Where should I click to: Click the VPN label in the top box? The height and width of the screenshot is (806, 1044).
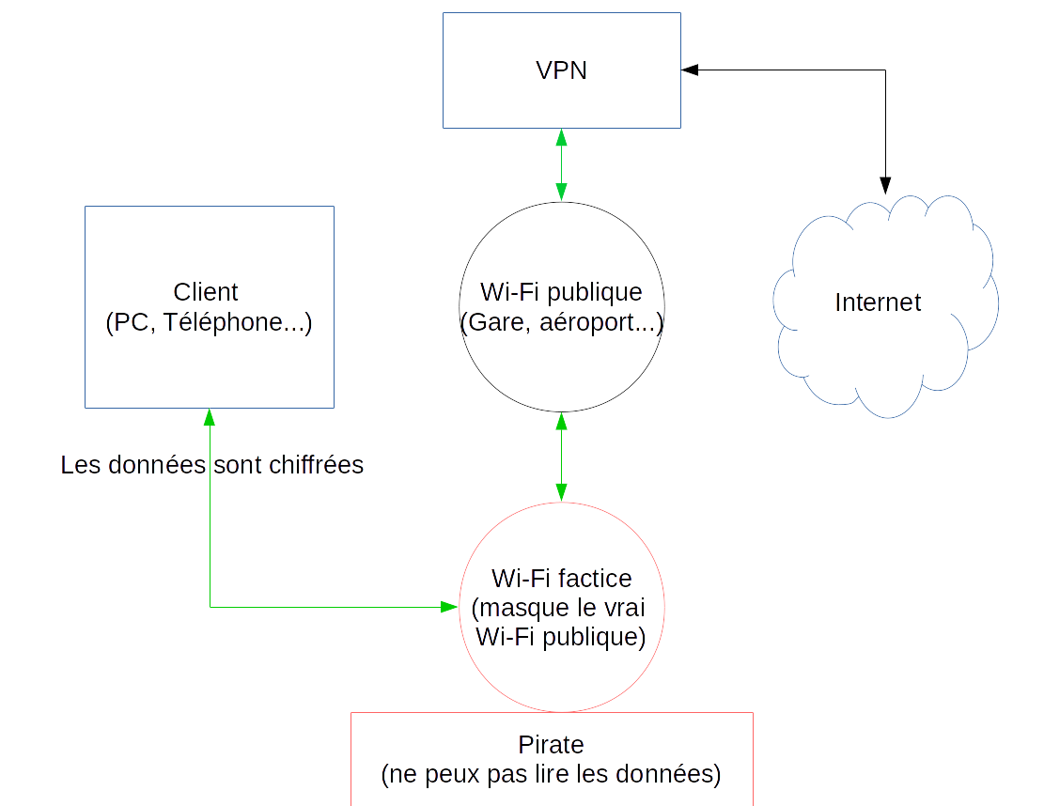pyautogui.click(x=561, y=70)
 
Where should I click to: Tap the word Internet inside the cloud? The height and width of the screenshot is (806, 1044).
pyautogui.click(x=878, y=302)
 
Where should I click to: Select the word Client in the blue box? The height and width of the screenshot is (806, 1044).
pyautogui.click(x=206, y=292)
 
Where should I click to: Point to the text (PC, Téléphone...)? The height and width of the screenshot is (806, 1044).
pyautogui.click(x=209, y=323)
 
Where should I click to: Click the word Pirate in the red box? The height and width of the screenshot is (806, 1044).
pyautogui.click(x=551, y=745)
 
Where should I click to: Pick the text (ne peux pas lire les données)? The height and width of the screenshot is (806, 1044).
pyautogui.click(x=551, y=775)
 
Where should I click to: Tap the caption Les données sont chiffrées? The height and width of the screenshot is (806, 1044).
pyautogui.click(x=212, y=465)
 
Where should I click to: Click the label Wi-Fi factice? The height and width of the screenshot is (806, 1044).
pyautogui.click(x=561, y=578)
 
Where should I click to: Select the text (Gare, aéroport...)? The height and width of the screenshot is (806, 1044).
pyautogui.click(x=561, y=323)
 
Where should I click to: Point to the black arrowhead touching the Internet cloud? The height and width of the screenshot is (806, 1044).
pyautogui.click(x=884, y=185)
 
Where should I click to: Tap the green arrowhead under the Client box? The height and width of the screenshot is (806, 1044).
pyautogui.click(x=210, y=416)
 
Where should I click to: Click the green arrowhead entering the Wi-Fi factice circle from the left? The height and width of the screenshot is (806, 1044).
pyautogui.click(x=449, y=607)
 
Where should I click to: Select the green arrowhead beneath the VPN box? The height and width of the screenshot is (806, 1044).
pyautogui.click(x=561, y=137)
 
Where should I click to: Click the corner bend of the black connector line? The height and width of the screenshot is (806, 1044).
pyautogui.click(x=884, y=70)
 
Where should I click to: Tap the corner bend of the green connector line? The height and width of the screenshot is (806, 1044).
pyautogui.click(x=210, y=607)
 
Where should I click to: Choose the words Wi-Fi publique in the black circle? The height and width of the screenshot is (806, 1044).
pyautogui.click(x=561, y=292)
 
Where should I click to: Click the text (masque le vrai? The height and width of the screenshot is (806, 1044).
pyautogui.click(x=561, y=608)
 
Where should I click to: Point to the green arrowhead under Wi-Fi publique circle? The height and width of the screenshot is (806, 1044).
pyautogui.click(x=561, y=420)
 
